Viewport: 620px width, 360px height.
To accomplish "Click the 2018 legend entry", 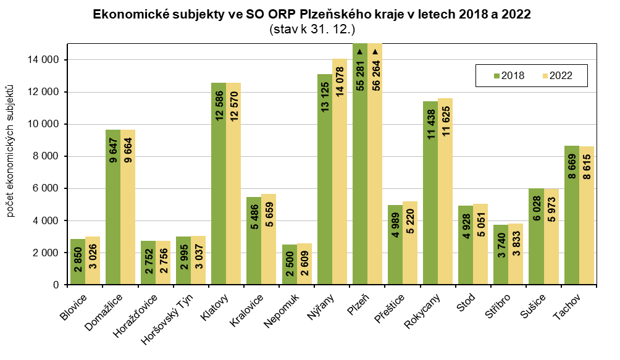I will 509,76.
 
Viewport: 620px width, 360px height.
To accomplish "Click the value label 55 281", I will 359,78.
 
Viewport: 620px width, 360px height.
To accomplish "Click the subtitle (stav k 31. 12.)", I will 312,28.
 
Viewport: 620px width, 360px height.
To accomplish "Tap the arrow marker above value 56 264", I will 375,52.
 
